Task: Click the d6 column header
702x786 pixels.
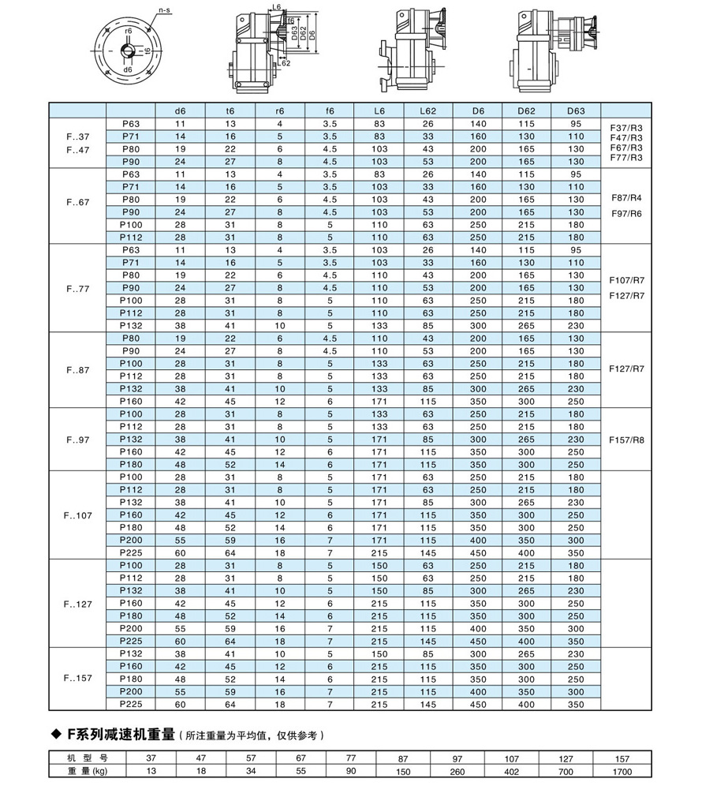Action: tap(180, 111)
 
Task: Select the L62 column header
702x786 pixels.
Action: tap(428, 111)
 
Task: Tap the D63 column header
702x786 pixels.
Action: tap(576, 111)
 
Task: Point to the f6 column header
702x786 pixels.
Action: tap(329, 111)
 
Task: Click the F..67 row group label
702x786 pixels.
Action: tap(78, 200)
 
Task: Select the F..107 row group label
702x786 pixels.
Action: tap(78, 515)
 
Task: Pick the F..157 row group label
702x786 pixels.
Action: tap(78, 678)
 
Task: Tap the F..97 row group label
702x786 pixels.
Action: tap(78, 440)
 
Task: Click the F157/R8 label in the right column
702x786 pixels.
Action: tap(628, 440)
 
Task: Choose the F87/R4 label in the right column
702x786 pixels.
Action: tap(628, 197)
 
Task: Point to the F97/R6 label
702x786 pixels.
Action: tap(628, 213)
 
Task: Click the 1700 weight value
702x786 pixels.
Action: tap(622, 771)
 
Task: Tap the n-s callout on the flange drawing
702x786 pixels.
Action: tap(165, 10)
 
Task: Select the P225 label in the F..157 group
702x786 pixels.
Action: tap(130, 703)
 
